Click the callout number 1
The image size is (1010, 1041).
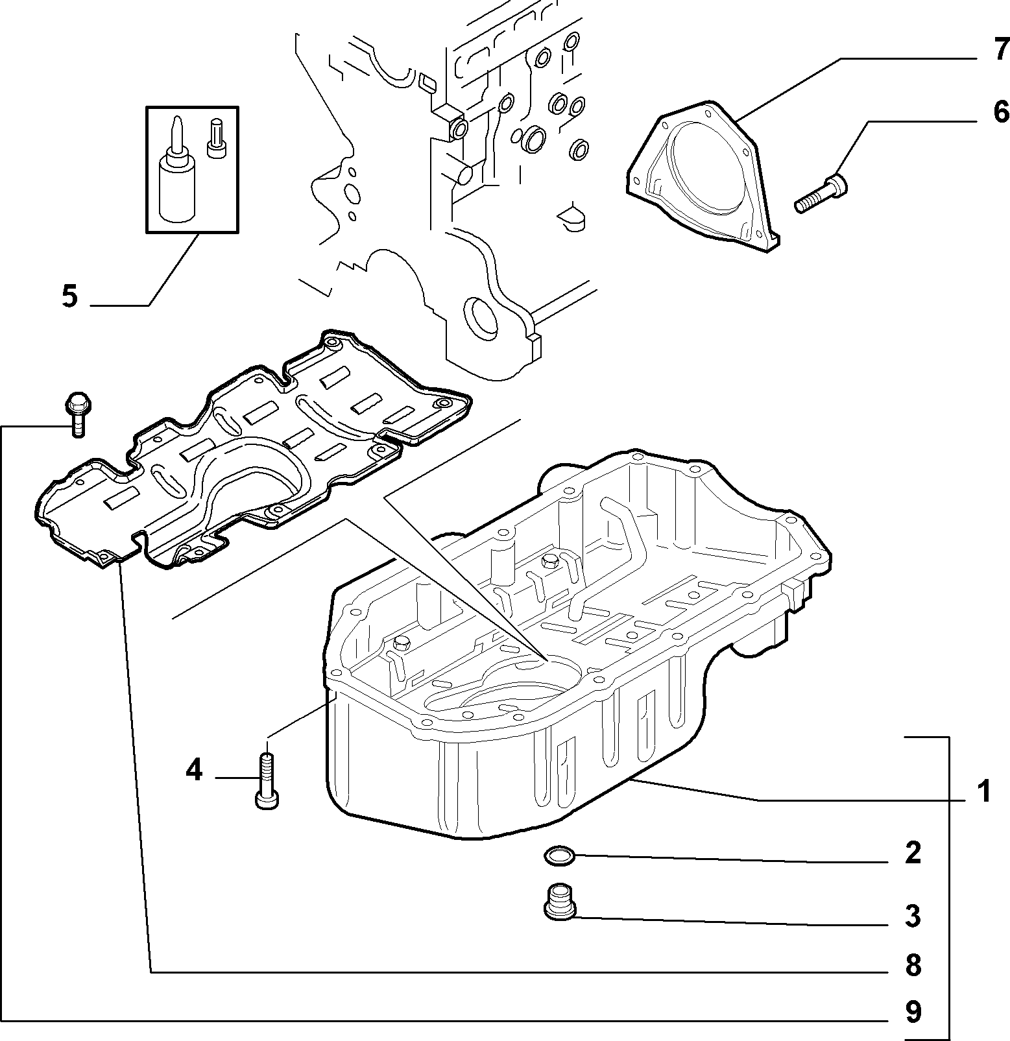(985, 791)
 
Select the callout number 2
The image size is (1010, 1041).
(913, 852)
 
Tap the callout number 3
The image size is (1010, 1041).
(913, 915)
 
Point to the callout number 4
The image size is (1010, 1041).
(194, 771)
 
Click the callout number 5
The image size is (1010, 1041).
(69, 296)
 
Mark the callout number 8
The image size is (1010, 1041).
(913, 966)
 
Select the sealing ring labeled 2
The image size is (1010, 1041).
(558, 856)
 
